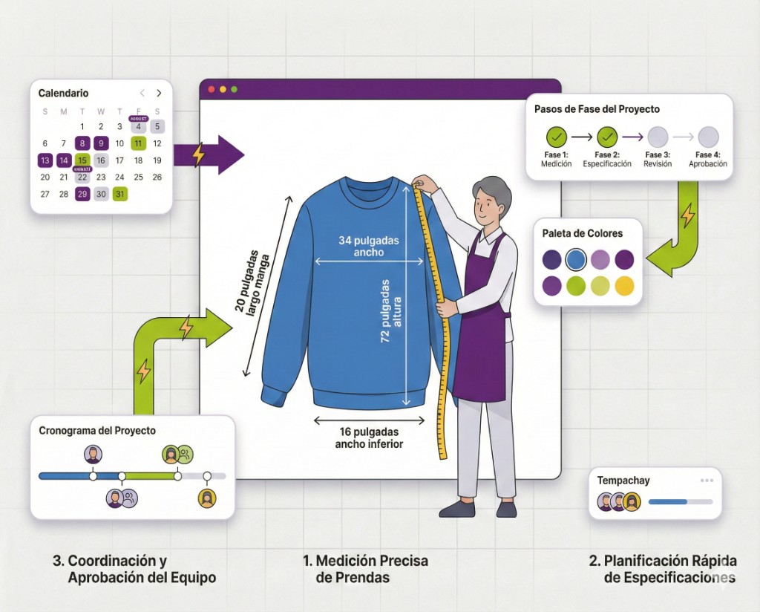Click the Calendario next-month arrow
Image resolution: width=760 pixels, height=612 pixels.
coord(159,94)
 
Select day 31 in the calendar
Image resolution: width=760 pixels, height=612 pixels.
coord(119,194)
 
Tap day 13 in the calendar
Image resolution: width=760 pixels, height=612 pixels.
coord(45,160)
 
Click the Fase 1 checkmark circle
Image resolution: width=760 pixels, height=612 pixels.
coord(557,137)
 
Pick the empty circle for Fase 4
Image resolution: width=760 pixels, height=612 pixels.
coord(708,137)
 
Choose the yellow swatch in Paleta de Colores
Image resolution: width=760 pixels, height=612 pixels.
coord(625,285)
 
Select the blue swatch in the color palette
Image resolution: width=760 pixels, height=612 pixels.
coord(576,259)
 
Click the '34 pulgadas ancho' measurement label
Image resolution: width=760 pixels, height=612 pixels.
coord(370,246)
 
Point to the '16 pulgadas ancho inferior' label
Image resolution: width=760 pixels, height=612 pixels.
coord(369,437)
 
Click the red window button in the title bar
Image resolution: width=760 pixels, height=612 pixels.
coord(211,89)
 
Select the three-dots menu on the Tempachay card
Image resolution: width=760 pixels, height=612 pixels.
coord(706,481)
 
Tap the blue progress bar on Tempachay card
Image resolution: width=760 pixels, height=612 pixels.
coord(668,502)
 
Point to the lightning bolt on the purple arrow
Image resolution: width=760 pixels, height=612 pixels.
coord(197,154)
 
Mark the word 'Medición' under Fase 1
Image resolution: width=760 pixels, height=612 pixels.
coord(557,164)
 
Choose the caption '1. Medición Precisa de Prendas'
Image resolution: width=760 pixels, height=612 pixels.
coord(365,569)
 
